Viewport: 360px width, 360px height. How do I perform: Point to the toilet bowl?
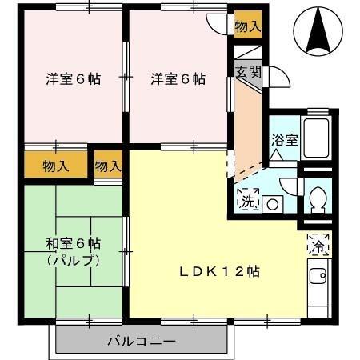click(318, 198)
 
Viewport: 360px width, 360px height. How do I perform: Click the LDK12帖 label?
click(218, 271)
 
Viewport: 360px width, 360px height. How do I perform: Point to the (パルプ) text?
click(74, 260)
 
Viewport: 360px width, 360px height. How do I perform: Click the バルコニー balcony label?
click(141, 342)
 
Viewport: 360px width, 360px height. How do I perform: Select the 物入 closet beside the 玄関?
click(247, 26)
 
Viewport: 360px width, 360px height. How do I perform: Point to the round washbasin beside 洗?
click(272, 204)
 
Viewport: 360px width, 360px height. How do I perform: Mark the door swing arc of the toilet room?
click(292, 190)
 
